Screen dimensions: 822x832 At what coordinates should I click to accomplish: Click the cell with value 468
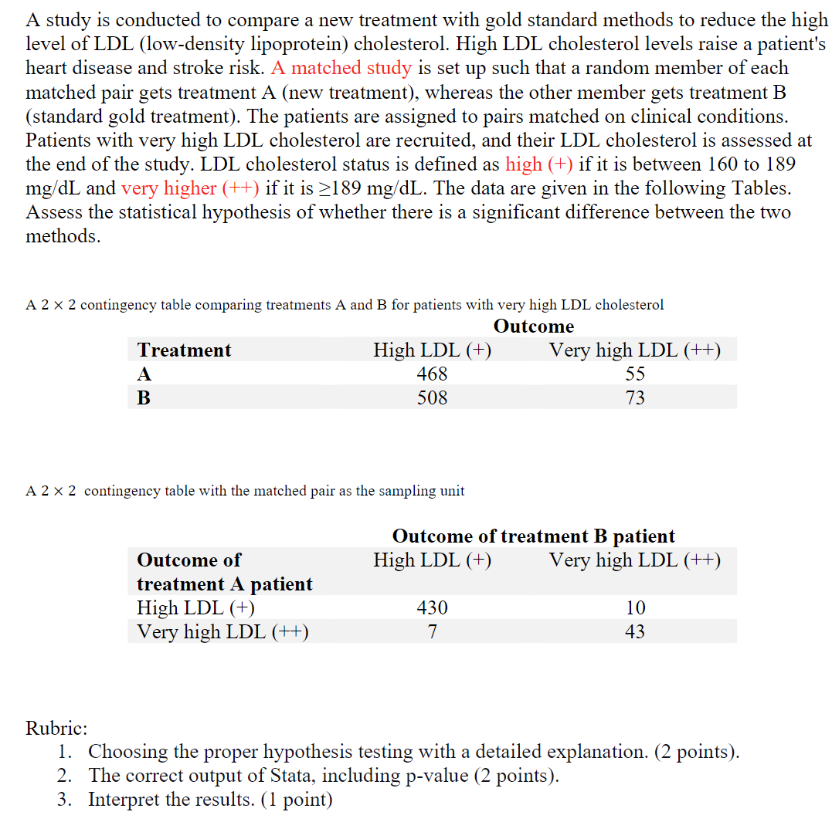click(x=432, y=374)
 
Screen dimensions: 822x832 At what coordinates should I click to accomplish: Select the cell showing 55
click(x=635, y=374)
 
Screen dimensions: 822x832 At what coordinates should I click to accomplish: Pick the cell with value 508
click(x=432, y=398)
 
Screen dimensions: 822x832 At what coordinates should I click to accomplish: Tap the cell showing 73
click(x=635, y=398)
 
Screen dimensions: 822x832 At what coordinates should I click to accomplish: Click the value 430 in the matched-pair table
click(x=432, y=608)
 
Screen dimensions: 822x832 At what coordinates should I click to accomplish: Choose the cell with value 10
click(x=635, y=608)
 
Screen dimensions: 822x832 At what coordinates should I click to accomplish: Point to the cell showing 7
click(x=432, y=632)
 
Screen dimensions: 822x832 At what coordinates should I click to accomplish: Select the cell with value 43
click(x=635, y=632)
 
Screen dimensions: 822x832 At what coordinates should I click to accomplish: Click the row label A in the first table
click(x=144, y=374)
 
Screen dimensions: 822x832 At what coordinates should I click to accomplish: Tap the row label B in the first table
click(x=144, y=398)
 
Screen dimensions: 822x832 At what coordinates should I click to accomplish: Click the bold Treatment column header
click(x=184, y=350)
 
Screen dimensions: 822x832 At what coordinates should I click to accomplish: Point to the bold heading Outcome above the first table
click(x=534, y=326)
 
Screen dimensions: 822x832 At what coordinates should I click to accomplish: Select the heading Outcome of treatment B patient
click(x=534, y=536)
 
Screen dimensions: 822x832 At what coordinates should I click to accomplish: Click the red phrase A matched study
click(x=341, y=68)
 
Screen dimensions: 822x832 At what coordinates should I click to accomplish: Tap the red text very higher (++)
click(x=191, y=188)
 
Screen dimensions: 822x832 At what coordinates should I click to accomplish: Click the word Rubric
click(x=56, y=728)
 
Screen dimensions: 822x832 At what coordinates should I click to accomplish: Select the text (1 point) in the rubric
click(x=296, y=800)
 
